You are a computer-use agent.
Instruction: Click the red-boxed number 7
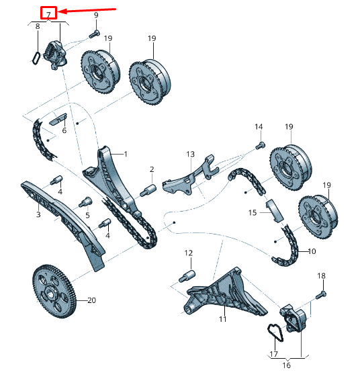click(48, 14)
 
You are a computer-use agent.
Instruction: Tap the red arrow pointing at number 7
click(87, 11)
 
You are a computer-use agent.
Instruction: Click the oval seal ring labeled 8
click(36, 58)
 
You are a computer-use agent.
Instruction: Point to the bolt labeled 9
click(94, 34)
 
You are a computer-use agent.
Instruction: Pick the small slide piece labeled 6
click(58, 119)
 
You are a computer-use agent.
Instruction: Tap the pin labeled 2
click(148, 189)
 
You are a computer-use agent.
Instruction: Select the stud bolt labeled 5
click(85, 202)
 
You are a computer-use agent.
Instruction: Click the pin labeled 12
click(187, 276)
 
